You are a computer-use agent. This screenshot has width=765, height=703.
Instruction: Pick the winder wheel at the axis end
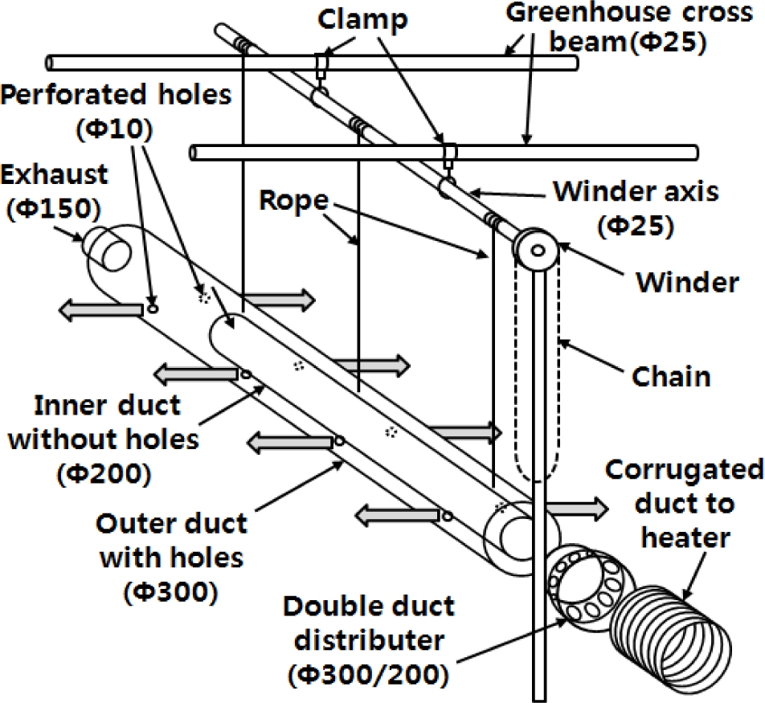click(x=536, y=251)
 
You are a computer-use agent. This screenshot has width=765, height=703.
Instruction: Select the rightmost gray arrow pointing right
click(x=575, y=508)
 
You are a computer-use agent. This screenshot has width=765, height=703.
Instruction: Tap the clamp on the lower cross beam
click(x=448, y=153)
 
